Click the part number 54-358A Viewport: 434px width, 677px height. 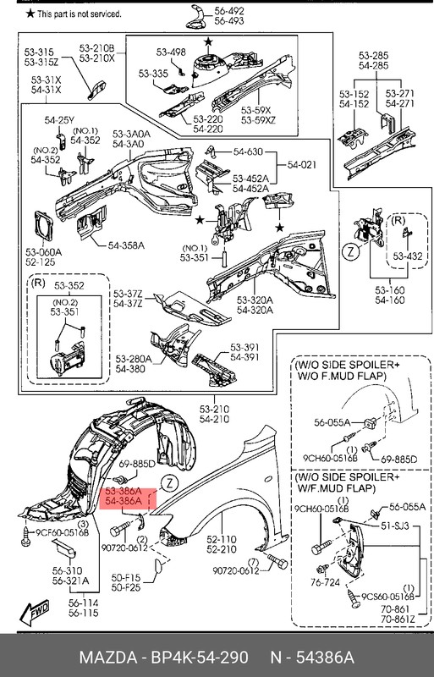point(126,245)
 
